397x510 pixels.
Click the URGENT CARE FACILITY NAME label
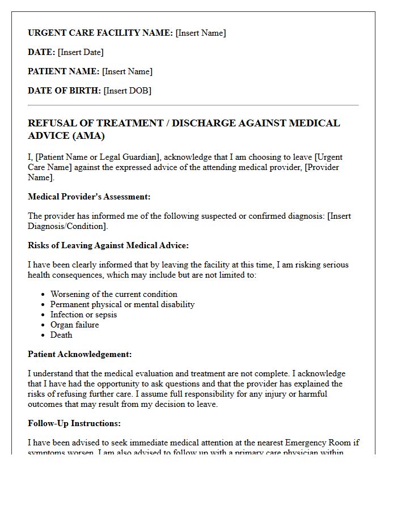pyautogui.click(x=100, y=33)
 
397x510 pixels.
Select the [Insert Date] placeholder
pyautogui.click(x=81, y=52)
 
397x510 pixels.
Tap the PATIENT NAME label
pyautogui.click(x=64, y=71)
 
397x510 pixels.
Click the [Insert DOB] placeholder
pyautogui.click(x=127, y=91)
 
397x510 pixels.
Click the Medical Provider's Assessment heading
pyautogui.click(x=88, y=197)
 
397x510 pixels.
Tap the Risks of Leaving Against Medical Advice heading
pyautogui.click(x=108, y=245)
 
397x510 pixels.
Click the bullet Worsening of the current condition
pyautogui.click(x=113, y=294)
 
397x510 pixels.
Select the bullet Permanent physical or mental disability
pyautogui.click(x=122, y=304)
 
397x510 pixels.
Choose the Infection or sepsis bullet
pyautogui.click(x=83, y=314)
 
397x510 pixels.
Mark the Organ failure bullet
pyautogui.click(x=74, y=325)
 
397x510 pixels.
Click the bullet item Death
pyautogui.click(x=61, y=335)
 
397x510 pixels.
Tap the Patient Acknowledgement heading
pyautogui.click(x=79, y=354)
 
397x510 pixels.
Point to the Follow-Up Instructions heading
pyautogui.click(x=74, y=423)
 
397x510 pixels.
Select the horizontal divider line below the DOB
pyautogui.click(x=193, y=105)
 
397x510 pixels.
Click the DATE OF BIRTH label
pyautogui.click(x=64, y=91)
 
